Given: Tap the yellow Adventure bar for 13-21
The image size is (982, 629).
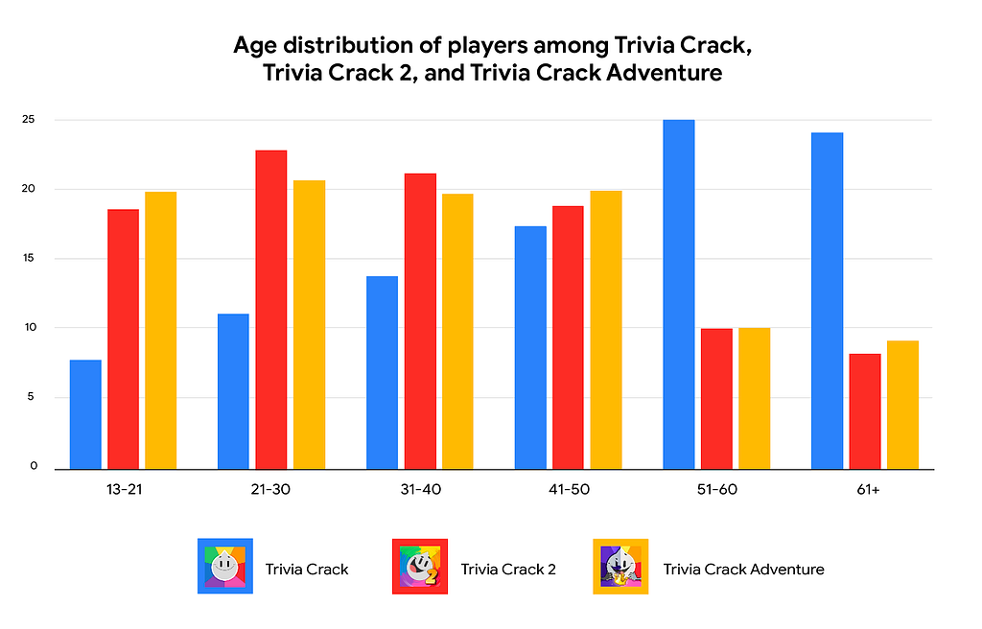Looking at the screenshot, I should click(160, 331).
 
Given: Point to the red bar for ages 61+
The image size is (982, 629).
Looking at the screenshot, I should click(864, 411).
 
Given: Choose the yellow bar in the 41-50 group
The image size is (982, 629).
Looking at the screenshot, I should click(605, 330).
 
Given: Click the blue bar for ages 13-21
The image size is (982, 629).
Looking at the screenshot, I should click(85, 414).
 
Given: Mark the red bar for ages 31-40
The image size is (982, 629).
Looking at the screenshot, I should click(419, 321).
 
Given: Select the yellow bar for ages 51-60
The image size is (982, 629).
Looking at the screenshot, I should click(754, 398).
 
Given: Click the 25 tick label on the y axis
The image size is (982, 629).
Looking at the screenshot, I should click(31, 120).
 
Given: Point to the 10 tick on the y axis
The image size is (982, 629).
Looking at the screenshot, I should click(31, 328).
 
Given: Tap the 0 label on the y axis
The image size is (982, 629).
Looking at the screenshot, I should click(34, 467).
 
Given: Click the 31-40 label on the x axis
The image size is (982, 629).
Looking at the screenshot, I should click(419, 489).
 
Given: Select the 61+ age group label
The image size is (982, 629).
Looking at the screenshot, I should click(866, 489).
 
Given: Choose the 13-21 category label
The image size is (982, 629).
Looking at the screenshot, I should click(123, 489).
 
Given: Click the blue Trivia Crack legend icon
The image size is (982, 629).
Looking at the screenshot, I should click(224, 567).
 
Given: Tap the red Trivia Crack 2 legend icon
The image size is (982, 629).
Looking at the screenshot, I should click(420, 567).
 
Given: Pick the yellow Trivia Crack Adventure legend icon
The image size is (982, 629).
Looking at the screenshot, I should click(620, 567).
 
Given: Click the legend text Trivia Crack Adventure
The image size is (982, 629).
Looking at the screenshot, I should click(743, 569).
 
